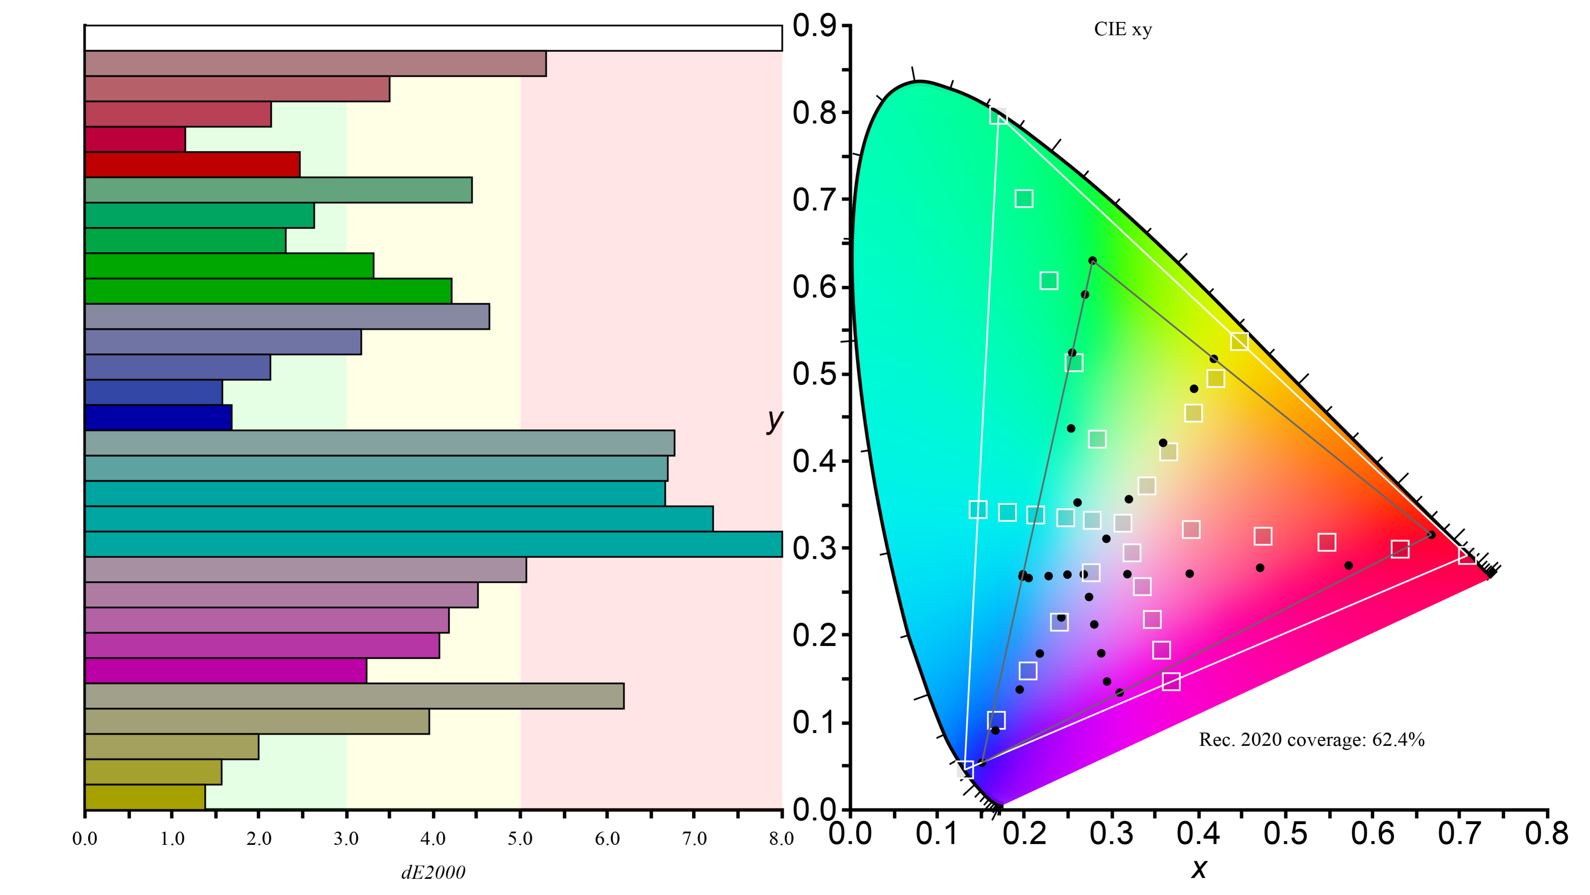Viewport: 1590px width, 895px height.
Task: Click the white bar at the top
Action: tap(433, 38)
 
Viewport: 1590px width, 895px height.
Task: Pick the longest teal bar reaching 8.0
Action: tap(433, 544)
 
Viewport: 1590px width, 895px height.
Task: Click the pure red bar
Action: tap(193, 164)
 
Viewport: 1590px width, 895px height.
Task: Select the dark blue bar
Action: tap(158, 417)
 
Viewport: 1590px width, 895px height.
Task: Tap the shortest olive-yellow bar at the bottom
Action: tap(145, 797)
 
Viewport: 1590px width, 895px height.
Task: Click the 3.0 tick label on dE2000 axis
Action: tap(346, 839)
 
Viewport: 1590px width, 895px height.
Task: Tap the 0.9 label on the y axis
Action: tap(814, 26)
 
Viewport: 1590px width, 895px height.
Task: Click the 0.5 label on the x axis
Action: tap(1285, 834)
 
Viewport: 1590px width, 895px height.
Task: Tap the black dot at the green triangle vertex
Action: tap(1093, 261)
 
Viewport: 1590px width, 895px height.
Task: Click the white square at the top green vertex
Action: tap(998, 116)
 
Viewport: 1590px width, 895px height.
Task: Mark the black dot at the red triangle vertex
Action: tap(1431, 535)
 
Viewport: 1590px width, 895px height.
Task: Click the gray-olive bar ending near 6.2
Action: tap(354, 696)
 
